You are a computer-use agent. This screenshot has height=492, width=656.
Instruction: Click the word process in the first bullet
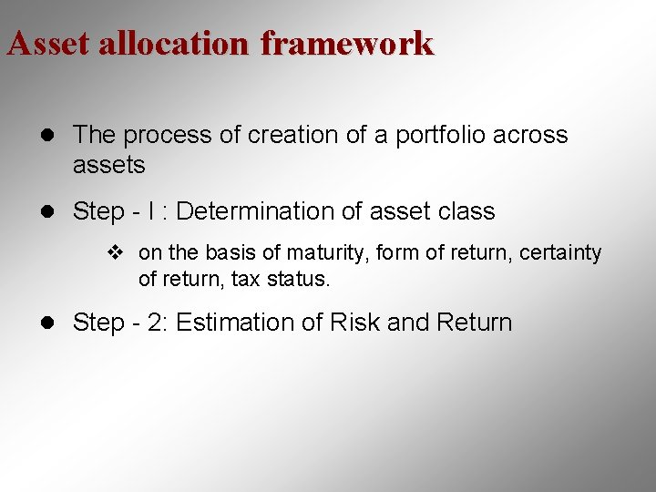[x=159, y=136]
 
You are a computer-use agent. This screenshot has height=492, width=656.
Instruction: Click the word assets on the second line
[x=108, y=165]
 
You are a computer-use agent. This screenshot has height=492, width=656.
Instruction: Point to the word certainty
[x=560, y=252]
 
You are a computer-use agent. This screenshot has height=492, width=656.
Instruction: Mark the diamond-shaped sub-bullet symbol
[x=115, y=253]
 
